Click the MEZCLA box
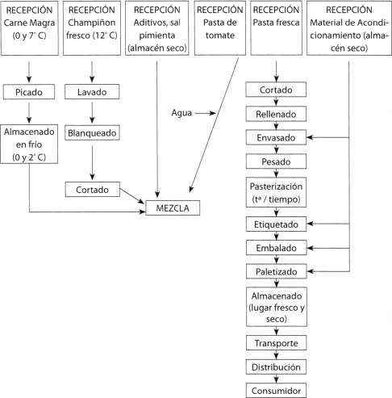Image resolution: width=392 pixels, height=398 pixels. (173, 207)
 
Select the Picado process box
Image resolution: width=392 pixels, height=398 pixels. (29, 92)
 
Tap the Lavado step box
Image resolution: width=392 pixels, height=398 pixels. (92, 92)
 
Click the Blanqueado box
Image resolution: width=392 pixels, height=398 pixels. (92, 132)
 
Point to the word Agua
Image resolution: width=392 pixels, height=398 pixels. (181, 113)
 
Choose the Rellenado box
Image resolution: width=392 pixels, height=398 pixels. (276, 114)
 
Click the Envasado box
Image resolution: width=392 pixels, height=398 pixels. (276, 137)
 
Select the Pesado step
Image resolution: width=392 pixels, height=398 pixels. (276, 161)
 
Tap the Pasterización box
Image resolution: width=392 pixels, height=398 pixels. (276, 192)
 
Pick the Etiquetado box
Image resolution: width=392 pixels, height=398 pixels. (276, 224)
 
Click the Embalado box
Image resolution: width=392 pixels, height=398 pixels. (276, 248)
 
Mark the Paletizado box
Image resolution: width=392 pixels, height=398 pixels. (276, 271)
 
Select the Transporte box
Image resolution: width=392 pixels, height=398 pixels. (276, 342)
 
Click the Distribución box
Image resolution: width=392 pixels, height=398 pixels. (276, 367)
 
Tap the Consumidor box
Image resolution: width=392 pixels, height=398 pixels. (276, 390)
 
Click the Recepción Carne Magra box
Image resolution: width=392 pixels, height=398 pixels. (29, 28)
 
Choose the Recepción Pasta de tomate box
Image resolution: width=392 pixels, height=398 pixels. (220, 28)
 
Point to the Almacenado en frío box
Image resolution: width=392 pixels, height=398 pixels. (29, 144)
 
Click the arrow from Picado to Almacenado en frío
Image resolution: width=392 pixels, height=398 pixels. (29, 113)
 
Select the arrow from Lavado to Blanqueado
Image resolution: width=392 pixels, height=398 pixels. (92, 113)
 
